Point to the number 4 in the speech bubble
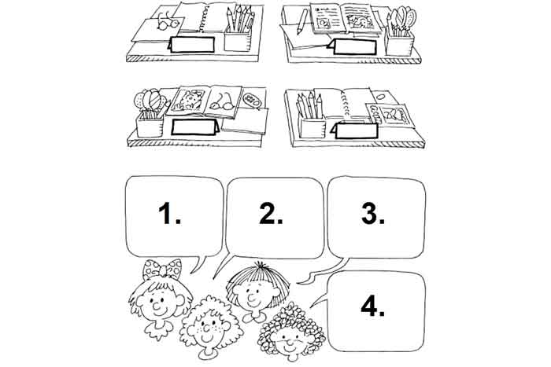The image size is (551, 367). point(368,307)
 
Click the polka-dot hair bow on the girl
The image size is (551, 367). point(162,269)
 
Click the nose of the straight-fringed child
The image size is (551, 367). point(252,299)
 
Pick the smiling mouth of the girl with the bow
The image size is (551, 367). point(159,311)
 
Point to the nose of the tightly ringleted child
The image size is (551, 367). point(289,341)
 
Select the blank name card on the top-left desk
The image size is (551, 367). point(192,45)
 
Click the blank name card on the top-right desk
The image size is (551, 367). point(355,47)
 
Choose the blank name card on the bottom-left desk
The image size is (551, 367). point(194,127)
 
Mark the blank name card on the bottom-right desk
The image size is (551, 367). point(357,130)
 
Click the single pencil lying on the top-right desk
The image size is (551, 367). point(302,21)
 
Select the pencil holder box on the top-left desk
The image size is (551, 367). point(237,39)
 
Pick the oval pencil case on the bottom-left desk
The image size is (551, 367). point(252,99)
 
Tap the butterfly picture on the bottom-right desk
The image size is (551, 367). point(390,116)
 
